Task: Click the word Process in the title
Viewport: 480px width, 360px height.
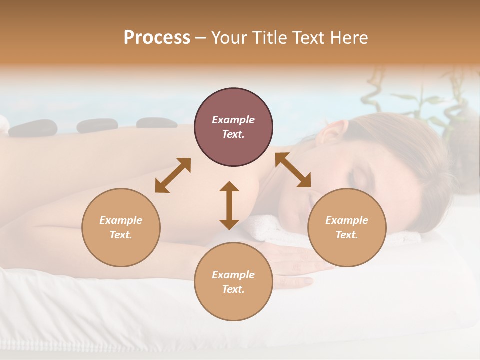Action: (x=157, y=38)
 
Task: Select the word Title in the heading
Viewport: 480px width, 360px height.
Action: (x=271, y=38)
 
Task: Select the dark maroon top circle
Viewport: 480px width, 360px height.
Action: (x=233, y=127)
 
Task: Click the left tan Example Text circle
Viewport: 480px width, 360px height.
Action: (x=121, y=227)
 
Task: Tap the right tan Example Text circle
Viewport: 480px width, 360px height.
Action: (x=347, y=227)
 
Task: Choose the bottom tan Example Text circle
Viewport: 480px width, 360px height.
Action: (x=233, y=282)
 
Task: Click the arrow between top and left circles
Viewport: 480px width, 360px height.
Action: (x=173, y=175)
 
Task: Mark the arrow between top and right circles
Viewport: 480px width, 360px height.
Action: (x=293, y=170)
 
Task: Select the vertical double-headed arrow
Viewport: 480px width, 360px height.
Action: (x=229, y=205)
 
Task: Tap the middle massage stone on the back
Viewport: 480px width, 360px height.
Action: (x=97, y=125)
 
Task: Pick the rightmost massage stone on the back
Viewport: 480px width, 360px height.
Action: (x=156, y=123)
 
